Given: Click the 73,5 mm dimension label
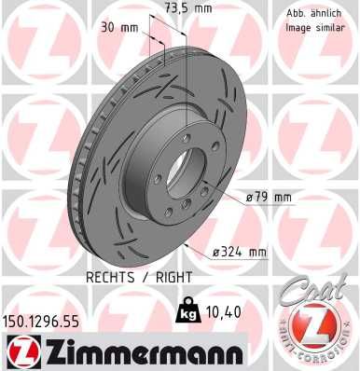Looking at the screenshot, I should click(x=187, y=8).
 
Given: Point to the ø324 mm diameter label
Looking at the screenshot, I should click(x=242, y=253).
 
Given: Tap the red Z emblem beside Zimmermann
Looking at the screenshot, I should click(x=19, y=353).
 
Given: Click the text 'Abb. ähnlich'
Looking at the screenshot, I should click(x=312, y=13).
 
